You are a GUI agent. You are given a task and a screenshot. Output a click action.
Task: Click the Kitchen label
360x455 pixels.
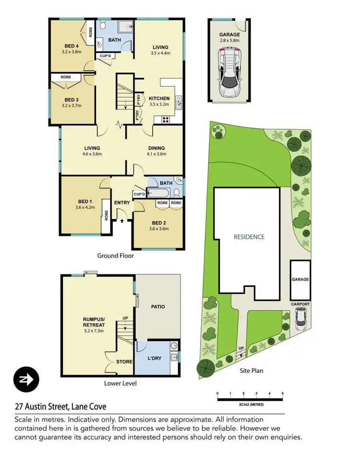[159, 98]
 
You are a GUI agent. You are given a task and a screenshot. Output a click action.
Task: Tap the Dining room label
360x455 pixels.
[156, 148]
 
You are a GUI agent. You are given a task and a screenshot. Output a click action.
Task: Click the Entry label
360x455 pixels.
[122, 203]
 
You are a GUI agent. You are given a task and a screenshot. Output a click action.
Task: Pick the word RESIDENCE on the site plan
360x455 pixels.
[249, 237]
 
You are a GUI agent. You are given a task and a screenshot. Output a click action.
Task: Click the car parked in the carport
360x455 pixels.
[300, 319]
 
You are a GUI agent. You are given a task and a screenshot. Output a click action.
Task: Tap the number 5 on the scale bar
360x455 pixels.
[283, 394]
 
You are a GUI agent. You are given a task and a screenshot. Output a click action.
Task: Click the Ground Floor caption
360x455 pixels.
[115, 256]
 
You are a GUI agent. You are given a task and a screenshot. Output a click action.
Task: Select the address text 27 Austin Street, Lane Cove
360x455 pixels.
[60, 407]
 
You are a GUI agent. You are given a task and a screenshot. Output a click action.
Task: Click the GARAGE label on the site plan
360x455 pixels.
[300, 279]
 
